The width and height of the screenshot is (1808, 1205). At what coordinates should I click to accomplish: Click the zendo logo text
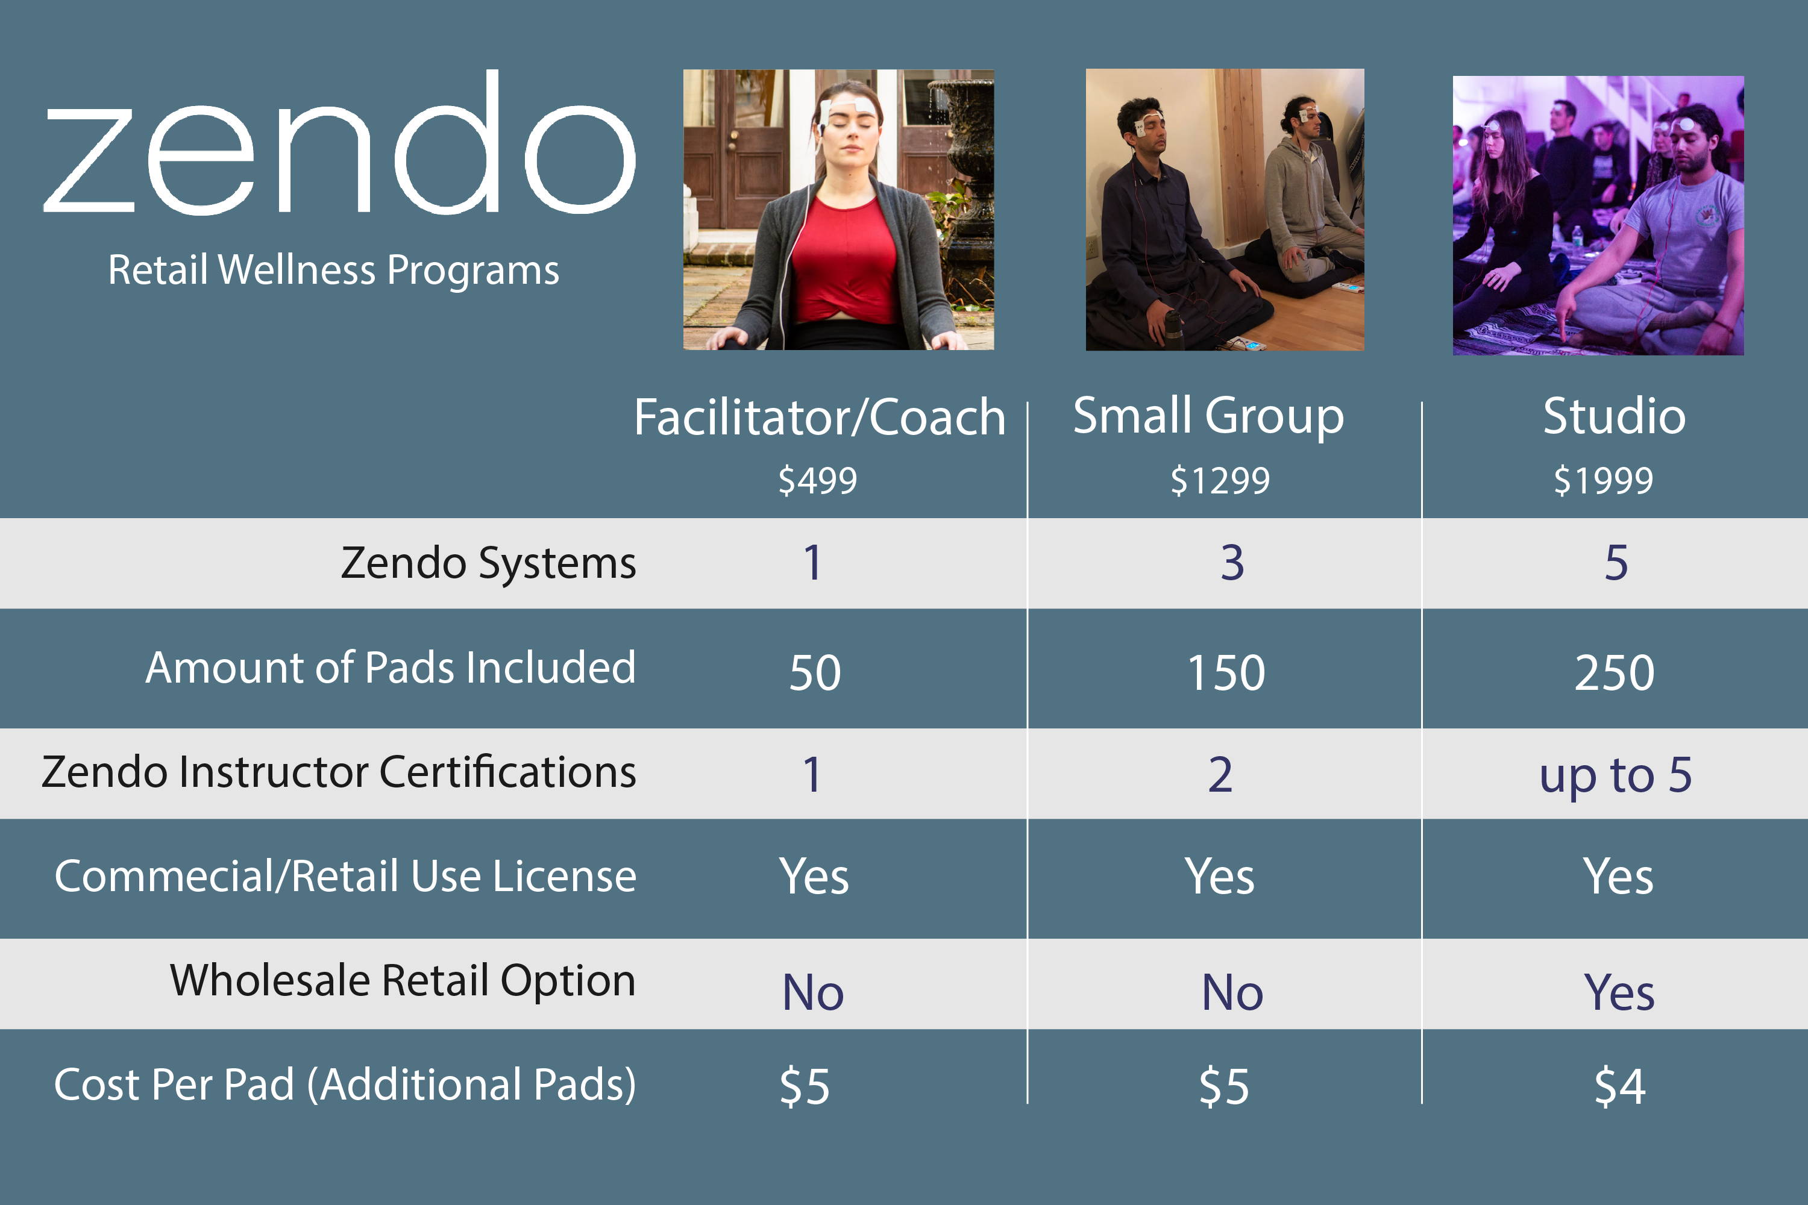click(x=339, y=142)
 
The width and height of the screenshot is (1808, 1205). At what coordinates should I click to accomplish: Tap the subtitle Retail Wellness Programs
click(x=334, y=271)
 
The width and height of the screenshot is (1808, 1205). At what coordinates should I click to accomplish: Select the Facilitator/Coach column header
click(x=820, y=418)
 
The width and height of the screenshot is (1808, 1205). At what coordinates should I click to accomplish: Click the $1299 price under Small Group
click(x=1220, y=480)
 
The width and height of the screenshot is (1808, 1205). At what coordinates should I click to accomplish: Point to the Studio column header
click(x=1615, y=416)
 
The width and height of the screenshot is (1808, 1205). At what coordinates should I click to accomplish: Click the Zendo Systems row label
click(x=488, y=563)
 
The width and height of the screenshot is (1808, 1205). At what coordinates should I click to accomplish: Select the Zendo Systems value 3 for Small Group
click(x=1232, y=563)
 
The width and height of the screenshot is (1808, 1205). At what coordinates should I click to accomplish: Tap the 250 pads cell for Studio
click(x=1615, y=672)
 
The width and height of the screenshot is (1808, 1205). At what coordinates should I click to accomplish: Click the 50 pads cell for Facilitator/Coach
click(x=815, y=672)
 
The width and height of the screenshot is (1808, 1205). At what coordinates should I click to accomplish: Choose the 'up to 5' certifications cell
click(x=1615, y=775)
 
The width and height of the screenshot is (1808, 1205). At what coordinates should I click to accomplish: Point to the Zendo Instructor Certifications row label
click(x=339, y=772)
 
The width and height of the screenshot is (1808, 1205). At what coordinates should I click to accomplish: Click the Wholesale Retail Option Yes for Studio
click(x=1619, y=992)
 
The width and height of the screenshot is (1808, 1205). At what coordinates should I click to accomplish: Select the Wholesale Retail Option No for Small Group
click(x=1232, y=992)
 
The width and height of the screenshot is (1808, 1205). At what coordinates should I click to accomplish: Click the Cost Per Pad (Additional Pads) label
click(x=345, y=1085)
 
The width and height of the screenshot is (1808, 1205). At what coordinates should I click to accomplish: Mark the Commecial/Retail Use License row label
click(x=345, y=876)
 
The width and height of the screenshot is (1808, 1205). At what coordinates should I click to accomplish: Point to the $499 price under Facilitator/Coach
click(x=817, y=480)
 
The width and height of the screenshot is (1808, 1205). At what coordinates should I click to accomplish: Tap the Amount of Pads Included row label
click(x=391, y=667)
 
